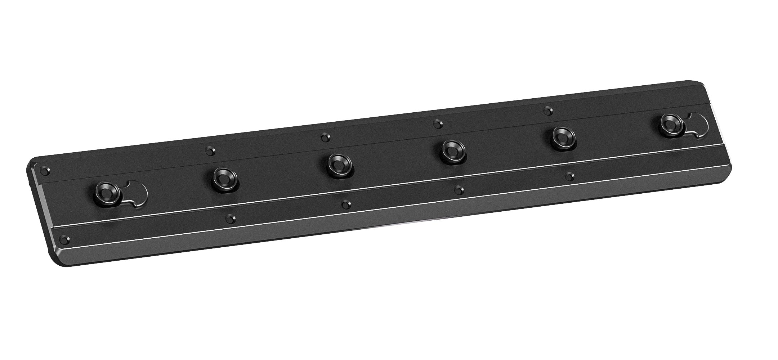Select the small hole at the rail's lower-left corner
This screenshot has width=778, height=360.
[x=64, y=239]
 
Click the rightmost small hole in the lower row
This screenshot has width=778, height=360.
[x=569, y=176]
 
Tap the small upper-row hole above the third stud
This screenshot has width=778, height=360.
[x=325, y=137]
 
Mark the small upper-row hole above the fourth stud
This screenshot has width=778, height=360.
[x=437, y=124]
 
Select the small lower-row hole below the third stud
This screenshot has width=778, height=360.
[x=346, y=204]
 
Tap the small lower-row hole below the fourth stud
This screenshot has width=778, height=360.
[x=459, y=190]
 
